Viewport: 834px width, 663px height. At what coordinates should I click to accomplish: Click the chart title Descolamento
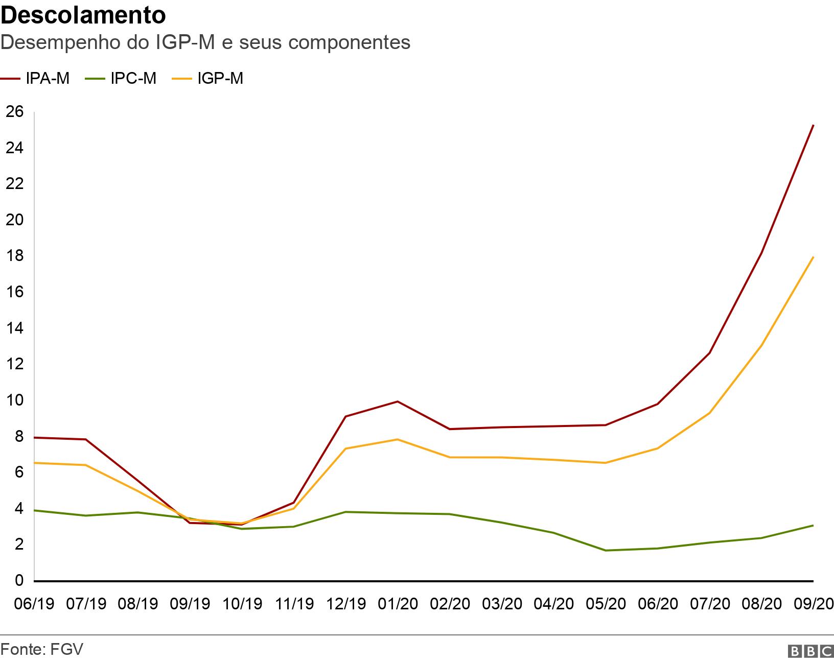click(x=83, y=15)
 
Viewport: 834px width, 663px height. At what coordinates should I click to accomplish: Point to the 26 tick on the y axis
click(x=14, y=111)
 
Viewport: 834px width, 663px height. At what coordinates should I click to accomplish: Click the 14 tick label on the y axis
click(x=14, y=328)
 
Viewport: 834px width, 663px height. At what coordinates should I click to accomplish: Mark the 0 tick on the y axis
click(x=19, y=581)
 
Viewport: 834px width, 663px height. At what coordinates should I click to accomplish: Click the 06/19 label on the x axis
click(x=35, y=604)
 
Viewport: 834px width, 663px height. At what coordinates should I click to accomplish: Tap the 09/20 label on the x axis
click(x=813, y=604)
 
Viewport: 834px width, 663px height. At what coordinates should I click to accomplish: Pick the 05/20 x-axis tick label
click(x=606, y=604)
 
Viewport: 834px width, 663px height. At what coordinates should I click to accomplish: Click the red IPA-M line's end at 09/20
click(x=813, y=125)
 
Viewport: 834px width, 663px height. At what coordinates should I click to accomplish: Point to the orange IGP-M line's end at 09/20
click(x=813, y=257)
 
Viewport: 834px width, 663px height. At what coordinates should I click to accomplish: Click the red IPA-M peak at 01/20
click(x=398, y=401)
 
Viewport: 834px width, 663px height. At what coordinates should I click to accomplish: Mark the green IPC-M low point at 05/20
click(x=606, y=550)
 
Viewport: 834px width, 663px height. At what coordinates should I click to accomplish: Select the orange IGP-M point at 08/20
click(x=761, y=346)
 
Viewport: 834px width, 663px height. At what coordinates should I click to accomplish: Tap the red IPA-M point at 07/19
click(x=86, y=439)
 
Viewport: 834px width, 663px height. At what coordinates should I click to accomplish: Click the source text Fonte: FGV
click(x=42, y=649)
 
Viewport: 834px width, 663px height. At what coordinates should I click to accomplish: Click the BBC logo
click(x=810, y=651)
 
